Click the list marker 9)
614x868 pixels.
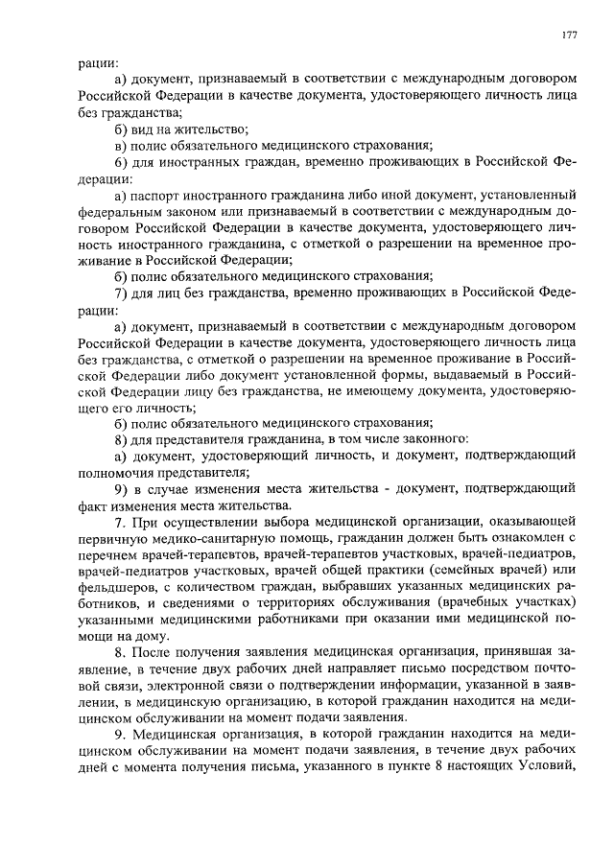[x=121, y=488]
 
